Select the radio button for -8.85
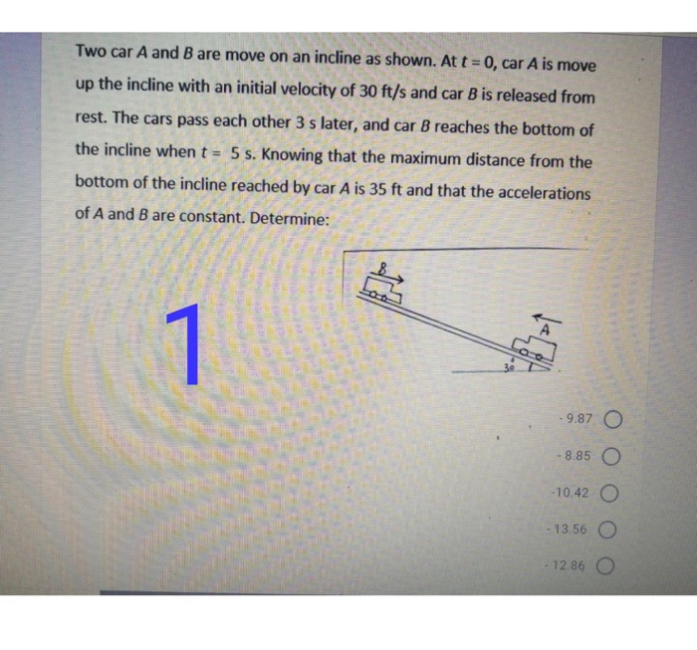(x=604, y=457)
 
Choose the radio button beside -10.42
(x=604, y=494)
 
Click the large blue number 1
(x=183, y=343)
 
